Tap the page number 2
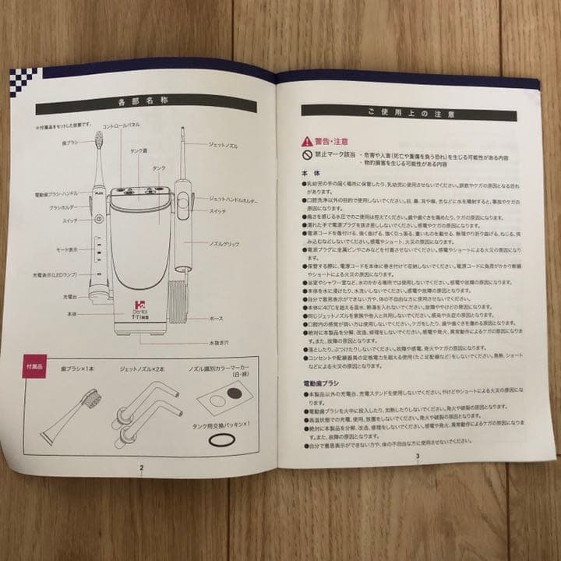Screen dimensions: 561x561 [141, 467]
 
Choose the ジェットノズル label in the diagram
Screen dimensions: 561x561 [224, 145]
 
